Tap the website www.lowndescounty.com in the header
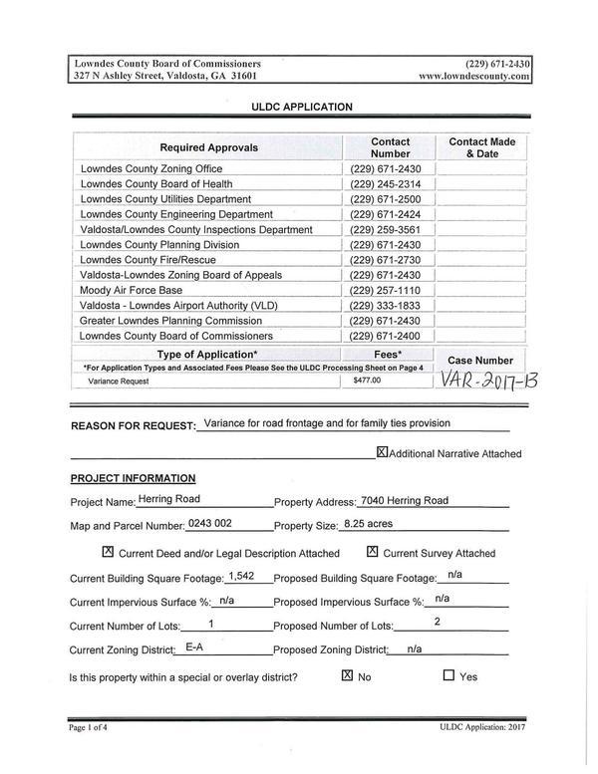coord(473,76)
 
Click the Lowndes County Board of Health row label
coord(156,184)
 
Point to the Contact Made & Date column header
coord(482,148)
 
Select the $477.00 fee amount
coord(367,381)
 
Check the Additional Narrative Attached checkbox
coord(382,452)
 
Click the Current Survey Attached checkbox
coord(372,552)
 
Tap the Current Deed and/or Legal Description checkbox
coord(108,552)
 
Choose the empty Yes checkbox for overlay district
coord(448,675)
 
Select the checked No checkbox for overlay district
coord(347,675)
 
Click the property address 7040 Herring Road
coord(404,500)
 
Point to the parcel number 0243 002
coord(209,524)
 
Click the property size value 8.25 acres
coord(368,524)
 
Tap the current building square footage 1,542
coord(241,576)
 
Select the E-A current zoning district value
coord(195,647)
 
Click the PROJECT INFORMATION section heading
coord(133,478)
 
